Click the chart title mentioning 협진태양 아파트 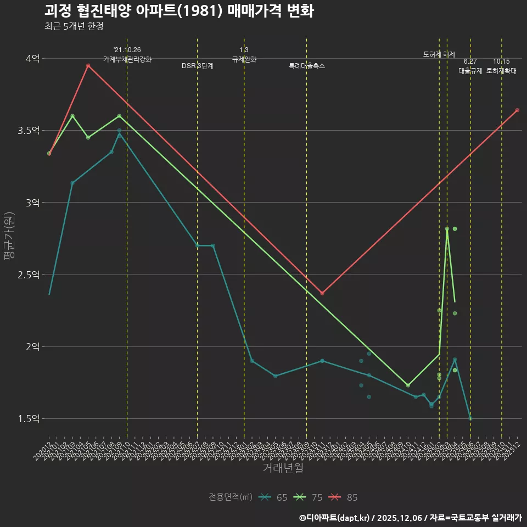[x=179, y=11]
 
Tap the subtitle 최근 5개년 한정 [x=74, y=26]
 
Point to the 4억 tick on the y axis [x=32, y=58]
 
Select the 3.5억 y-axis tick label [x=29, y=131]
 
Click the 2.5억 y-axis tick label [x=29, y=274]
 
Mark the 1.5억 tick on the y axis [x=29, y=419]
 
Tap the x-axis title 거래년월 [x=283, y=468]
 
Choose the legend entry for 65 [x=274, y=497]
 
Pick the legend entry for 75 [x=309, y=497]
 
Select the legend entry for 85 [x=344, y=497]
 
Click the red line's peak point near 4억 [x=88, y=65]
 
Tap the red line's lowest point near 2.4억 [x=322, y=293]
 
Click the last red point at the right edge [x=517, y=110]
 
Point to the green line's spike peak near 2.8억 [x=447, y=229]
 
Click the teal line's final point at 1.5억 [x=470, y=418]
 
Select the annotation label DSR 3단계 [x=198, y=66]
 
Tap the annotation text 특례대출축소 [x=307, y=66]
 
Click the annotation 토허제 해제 [x=439, y=54]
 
